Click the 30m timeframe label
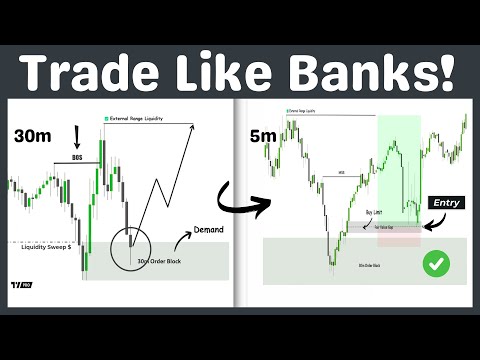tap(34, 135)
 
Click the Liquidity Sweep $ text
tap(44, 244)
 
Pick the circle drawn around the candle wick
tap(133, 239)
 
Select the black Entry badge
tap(447, 202)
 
